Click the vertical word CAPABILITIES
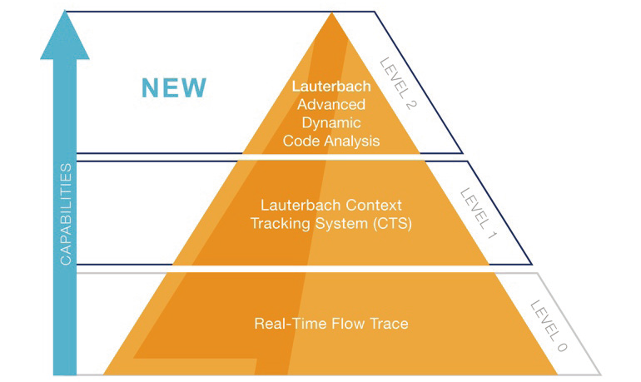pyautogui.click(x=66, y=215)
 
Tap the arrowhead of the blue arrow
pyautogui.click(x=65, y=37)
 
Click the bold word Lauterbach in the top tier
pyautogui.click(x=331, y=86)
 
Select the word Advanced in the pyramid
pyautogui.click(x=331, y=104)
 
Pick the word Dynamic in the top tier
pyautogui.click(x=331, y=122)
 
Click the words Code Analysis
pyautogui.click(x=331, y=141)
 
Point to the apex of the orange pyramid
pyautogui.click(x=332, y=16)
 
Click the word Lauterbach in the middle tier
pyautogui.click(x=300, y=205)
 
